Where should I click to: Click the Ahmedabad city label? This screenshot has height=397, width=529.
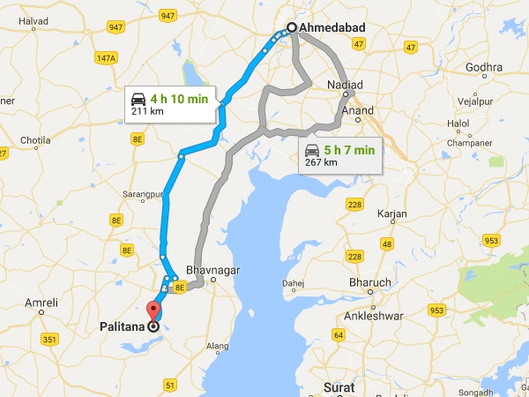(332, 28)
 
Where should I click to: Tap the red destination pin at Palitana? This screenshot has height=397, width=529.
(154, 310)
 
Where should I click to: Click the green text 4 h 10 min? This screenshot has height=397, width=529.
(179, 99)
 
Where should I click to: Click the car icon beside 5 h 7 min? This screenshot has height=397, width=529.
(313, 150)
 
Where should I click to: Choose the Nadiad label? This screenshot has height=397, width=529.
(344, 84)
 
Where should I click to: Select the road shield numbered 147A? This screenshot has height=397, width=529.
(107, 58)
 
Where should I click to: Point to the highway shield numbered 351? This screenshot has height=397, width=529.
(49, 338)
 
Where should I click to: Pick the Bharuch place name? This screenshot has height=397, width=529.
(370, 282)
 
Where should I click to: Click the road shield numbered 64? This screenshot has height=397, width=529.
(339, 334)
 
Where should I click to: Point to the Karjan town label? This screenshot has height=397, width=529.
(391, 214)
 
